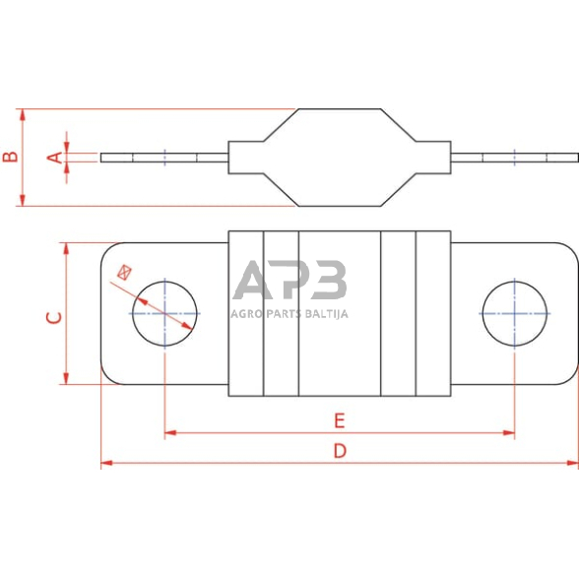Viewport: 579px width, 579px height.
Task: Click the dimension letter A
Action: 55,157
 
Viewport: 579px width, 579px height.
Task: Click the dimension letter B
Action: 9,157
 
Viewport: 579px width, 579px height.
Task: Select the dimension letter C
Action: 55,317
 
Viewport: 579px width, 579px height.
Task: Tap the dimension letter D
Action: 339,451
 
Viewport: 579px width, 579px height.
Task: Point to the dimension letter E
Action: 339,420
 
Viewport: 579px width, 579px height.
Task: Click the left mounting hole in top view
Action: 165,313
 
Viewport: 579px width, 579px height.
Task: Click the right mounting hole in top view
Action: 515,313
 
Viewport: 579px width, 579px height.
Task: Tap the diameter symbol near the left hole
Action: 124,271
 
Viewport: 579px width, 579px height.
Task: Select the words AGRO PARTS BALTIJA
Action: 289,314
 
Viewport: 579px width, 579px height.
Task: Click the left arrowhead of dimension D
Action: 105,462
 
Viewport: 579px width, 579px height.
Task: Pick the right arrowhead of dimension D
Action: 574,462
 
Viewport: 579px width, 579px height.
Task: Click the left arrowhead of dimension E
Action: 169,431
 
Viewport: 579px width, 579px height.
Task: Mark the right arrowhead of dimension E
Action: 510,431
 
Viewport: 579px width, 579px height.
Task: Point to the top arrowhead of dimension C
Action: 66,247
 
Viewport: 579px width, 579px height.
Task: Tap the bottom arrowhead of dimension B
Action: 22,202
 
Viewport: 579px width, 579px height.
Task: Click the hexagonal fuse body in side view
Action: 339,158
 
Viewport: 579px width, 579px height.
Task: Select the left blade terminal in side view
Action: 163,158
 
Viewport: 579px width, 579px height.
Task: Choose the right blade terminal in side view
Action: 514,158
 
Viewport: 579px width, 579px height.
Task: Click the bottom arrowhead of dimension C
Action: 66,380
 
